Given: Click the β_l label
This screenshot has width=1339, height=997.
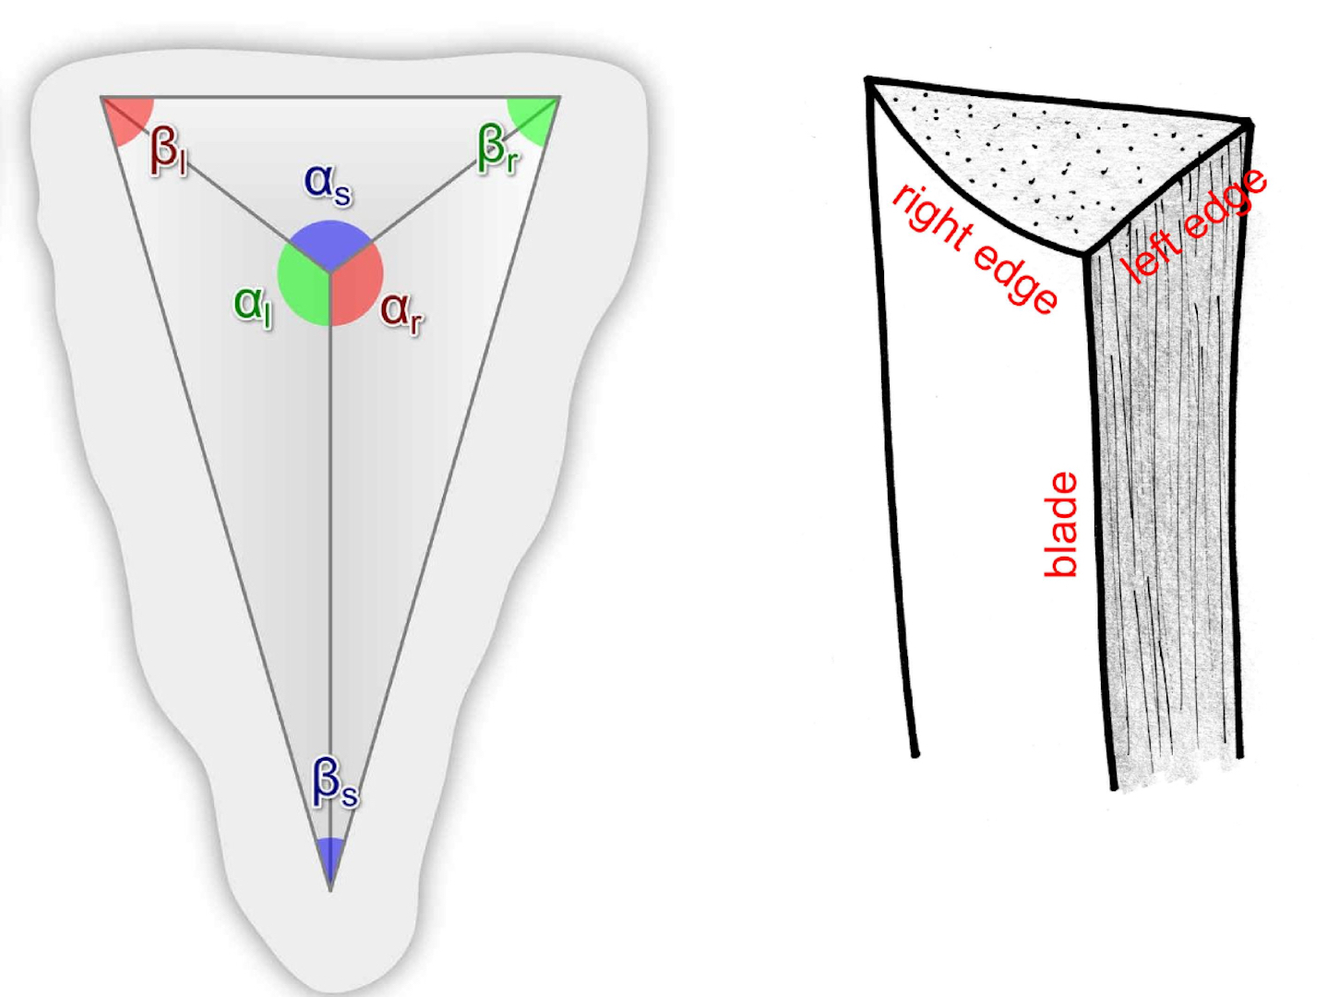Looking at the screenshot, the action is tap(169, 151).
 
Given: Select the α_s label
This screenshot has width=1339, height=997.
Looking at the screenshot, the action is tap(328, 185).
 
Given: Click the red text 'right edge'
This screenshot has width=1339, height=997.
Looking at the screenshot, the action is tap(974, 249).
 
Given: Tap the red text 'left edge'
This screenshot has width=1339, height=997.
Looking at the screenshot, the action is tap(1193, 226).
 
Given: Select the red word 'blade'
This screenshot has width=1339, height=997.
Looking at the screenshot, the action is tap(1060, 524).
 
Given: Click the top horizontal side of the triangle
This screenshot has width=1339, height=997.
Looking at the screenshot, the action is tap(330, 97).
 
